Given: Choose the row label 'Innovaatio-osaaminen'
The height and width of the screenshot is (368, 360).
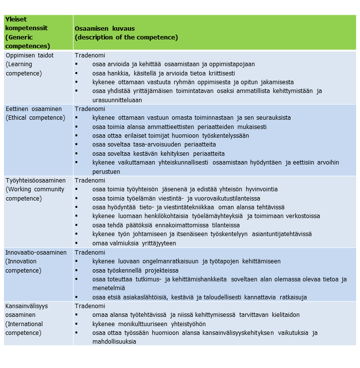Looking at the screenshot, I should click(x=36, y=252).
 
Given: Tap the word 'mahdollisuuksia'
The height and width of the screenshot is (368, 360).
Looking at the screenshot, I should click(x=114, y=341).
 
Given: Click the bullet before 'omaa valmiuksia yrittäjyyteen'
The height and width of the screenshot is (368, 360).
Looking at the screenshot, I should click(x=77, y=243).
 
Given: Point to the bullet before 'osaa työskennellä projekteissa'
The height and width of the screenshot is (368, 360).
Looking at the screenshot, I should click(x=77, y=270).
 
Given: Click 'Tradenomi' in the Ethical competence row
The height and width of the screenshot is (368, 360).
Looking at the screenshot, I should click(x=90, y=109).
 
